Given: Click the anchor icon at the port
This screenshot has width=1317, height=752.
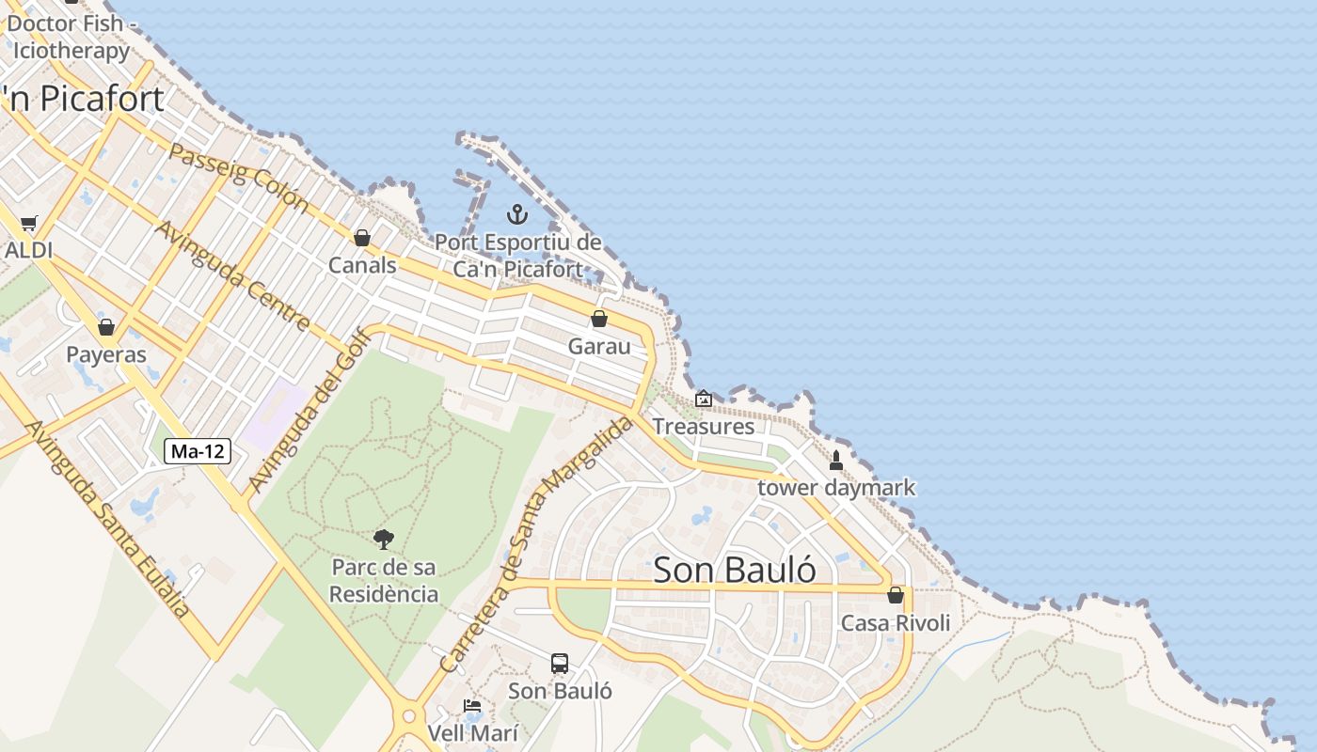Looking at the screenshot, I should pos(516,214).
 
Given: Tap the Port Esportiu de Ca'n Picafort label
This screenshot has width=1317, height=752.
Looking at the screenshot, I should pos(517,256).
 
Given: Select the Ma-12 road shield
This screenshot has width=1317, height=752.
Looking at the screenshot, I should pos(198,451).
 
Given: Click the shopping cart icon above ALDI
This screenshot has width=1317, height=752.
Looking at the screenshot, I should pos(29,224).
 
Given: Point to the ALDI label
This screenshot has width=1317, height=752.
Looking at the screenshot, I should pos(28,250).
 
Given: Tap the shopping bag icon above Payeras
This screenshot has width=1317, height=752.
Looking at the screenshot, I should pos(106,327).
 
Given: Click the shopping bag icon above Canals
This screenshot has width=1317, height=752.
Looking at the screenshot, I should pos(361,238).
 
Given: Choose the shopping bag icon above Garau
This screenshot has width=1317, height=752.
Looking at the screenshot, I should pos(599,319).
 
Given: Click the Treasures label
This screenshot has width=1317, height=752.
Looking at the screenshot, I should pos(704,426).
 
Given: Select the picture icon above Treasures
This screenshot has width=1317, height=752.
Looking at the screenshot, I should pos(703,399).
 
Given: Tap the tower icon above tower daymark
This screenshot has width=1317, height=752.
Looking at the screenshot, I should pos(835,461).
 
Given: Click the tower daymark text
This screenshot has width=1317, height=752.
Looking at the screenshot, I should pos(835,488).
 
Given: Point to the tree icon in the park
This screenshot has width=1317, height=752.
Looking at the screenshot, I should pos(383,540).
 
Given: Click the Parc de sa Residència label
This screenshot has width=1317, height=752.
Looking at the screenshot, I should pos(384,581).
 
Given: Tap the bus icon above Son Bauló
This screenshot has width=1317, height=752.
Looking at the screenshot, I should pos(560,664).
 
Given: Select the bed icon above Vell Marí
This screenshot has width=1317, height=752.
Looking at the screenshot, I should pos(472,705).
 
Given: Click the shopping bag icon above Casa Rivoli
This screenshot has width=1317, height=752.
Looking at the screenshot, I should pos(896,595).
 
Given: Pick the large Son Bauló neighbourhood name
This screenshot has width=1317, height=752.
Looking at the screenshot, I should pos(735,570).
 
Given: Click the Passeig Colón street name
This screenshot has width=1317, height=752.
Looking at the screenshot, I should pos(239,176).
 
